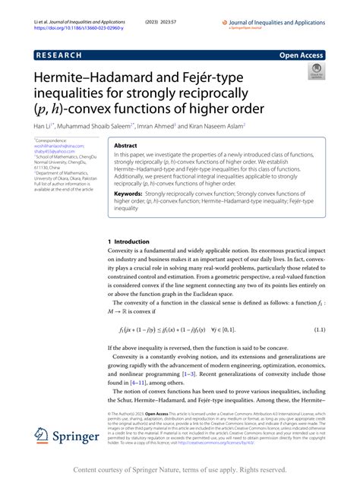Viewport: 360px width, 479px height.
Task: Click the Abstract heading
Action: point(125,143)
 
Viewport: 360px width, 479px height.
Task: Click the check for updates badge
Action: point(314,72)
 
